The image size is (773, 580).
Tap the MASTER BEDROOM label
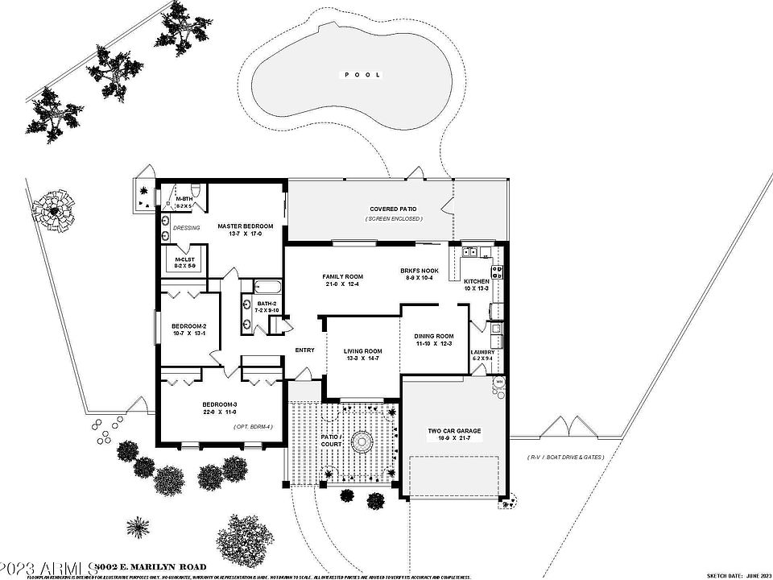point(246,226)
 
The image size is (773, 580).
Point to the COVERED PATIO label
point(395,209)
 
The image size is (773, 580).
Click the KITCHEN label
point(477,281)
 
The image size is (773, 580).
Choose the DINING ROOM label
point(434,336)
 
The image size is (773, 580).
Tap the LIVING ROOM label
point(362,351)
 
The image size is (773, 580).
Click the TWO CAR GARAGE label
point(454,431)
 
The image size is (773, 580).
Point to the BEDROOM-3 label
point(218,404)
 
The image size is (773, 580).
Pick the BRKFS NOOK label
point(417,271)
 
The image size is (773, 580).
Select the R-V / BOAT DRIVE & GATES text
point(566,458)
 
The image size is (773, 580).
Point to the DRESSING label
point(187,227)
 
